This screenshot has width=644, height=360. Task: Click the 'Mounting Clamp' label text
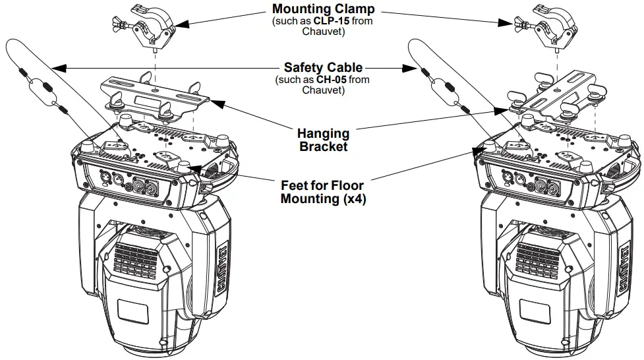(323, 10)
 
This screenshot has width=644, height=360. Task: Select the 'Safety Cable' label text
(323, 67)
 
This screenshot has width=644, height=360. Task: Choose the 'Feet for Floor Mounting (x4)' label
(323, 192)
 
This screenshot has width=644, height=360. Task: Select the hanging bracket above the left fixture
(156, 96)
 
